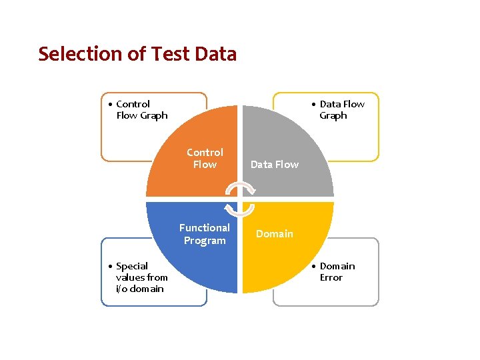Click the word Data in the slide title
click(215, 54)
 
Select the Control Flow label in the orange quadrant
click(205, 159)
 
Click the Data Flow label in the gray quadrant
click(275, 165)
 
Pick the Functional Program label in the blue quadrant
click(205, 234)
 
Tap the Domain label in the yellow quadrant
click(275, 234)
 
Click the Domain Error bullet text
click(337, 272)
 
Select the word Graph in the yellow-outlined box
click(333, 116)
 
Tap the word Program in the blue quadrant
click(205, 241)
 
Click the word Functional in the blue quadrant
click(205, 228)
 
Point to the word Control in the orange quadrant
click(205, 153)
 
